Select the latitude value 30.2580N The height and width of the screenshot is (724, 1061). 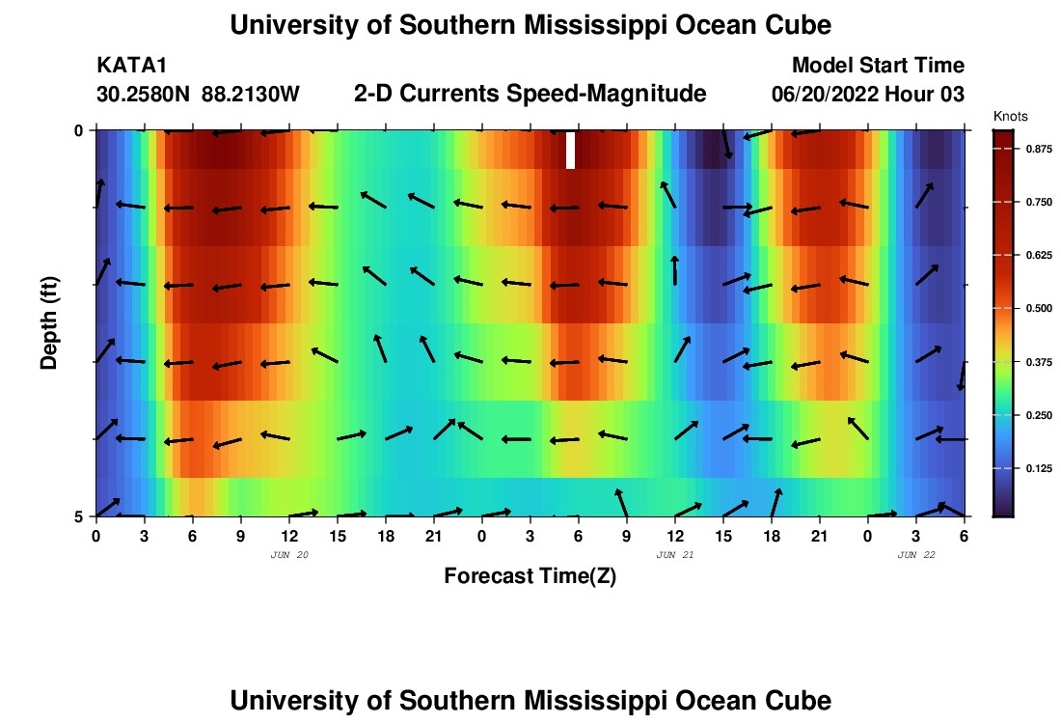[x=144, y=95]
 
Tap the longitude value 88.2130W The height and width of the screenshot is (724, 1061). [x=251, y=95]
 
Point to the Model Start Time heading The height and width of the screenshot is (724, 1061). [x=878, y=66]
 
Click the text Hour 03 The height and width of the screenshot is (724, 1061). [x=931, y=95]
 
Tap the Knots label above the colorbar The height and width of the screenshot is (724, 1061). [x=1010, y=116]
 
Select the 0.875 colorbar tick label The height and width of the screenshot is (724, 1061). [x=1037, y=150]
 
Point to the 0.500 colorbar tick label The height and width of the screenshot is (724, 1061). [x=1037, y=308]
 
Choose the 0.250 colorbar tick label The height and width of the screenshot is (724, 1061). [x=1037, y=415]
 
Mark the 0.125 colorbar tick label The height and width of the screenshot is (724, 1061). [x=1037, y=468]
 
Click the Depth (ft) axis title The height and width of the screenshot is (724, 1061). [x=48, y=321]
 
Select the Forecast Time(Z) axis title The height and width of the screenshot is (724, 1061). [x=530, y=576]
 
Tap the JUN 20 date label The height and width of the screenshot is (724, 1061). [x=288, y=555]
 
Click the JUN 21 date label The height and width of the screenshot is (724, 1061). [x=674, y=555]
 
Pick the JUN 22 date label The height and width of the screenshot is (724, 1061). [x=915, y=555]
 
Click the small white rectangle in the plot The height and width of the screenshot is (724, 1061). [x=571, y=150]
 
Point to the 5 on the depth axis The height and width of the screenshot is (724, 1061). [x=79, y=516]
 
